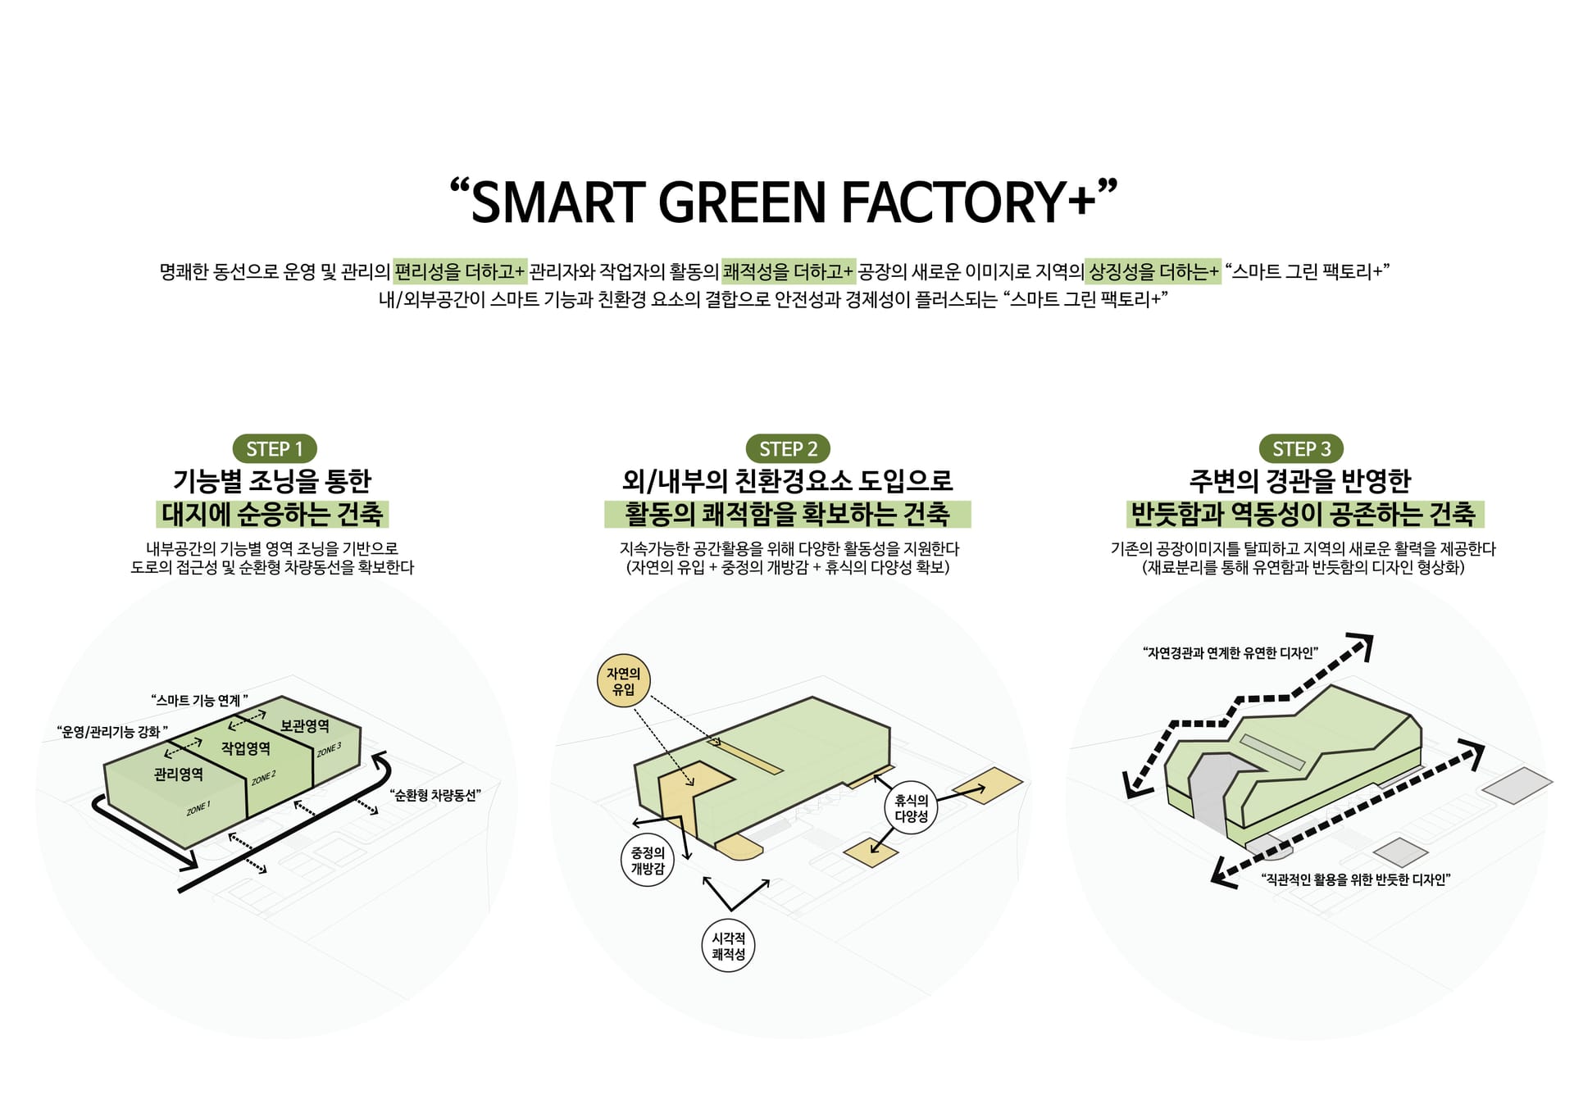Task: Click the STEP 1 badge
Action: point(275,449)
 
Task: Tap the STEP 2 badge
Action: point(788,449)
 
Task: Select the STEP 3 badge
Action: point(1301,449)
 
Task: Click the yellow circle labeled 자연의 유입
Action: point(623,681)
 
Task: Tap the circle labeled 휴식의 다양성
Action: point(911,808)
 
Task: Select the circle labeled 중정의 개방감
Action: point(647,861)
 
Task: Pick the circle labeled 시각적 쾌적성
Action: point(728,946)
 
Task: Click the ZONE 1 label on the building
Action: point(198,808)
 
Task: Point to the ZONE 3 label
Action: point(329,749)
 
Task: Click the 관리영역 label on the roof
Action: point(179,774)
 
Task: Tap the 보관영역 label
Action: point(305,725)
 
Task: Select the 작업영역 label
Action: point(246,747)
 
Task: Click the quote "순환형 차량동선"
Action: point(434,795)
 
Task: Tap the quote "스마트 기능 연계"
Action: point(200,700)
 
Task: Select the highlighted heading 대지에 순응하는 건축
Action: point(272,514)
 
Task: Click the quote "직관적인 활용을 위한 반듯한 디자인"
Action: point(1356,879)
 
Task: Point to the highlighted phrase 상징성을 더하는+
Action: point(1153,270)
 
